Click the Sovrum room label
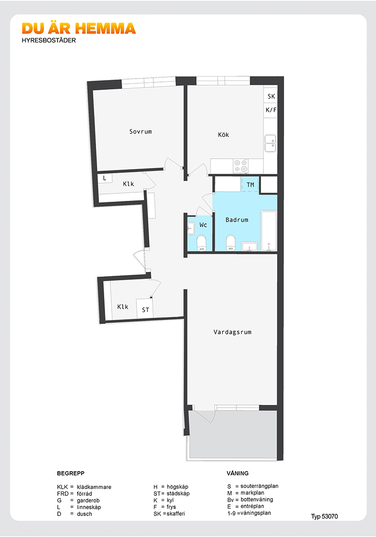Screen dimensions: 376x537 140,132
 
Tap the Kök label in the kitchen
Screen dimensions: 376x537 223,134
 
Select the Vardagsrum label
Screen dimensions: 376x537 233,332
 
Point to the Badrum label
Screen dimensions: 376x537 237,220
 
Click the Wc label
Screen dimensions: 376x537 203,225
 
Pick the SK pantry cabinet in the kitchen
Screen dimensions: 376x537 270,96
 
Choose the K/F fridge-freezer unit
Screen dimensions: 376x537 270,110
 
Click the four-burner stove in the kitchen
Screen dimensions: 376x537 241,166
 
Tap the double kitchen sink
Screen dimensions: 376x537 270,143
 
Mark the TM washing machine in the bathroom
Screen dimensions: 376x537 250,185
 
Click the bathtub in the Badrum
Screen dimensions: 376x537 269,231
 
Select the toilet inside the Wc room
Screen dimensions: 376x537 201,242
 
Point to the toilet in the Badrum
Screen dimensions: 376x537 231,242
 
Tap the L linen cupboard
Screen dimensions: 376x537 105,179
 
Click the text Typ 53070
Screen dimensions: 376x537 324,517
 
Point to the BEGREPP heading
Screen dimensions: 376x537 71,473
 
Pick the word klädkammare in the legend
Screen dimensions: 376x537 94,487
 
